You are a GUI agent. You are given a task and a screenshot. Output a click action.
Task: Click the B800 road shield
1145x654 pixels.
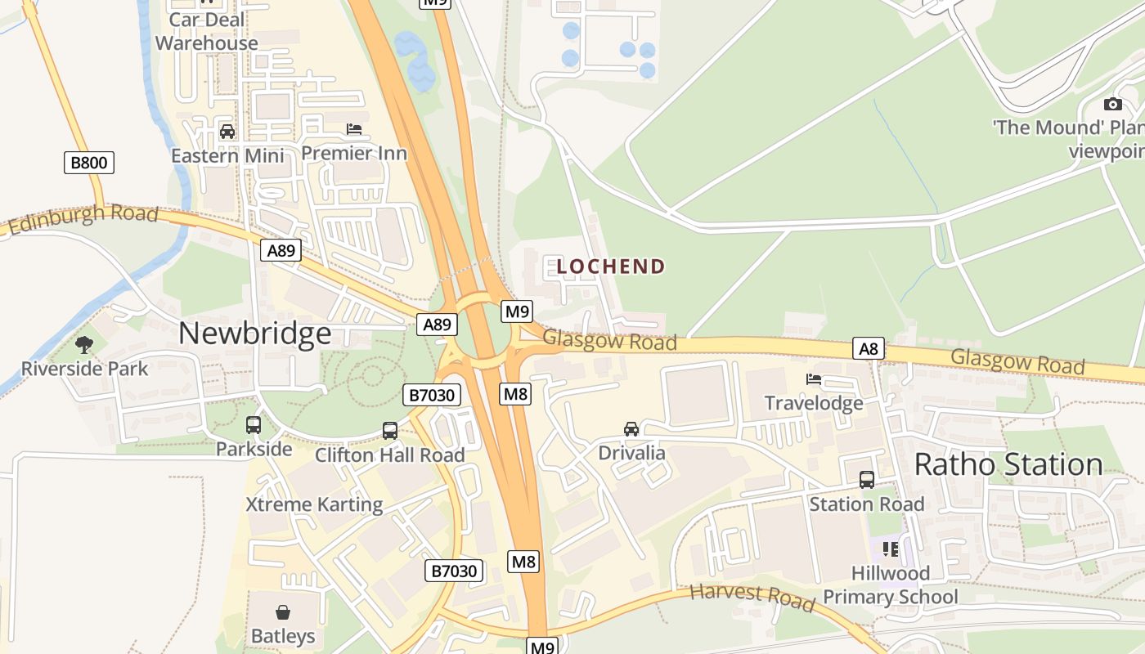pyautogui.click(x=89, y=163)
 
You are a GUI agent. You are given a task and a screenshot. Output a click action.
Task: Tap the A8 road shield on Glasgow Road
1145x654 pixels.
pyautogui.click(x=868, y=349)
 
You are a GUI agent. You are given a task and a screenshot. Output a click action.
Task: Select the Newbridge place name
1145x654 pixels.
pyautogui.click(x=254, y=334)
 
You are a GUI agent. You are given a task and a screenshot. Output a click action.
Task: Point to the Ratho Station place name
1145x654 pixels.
pyautogui.click(x=1008, y=464)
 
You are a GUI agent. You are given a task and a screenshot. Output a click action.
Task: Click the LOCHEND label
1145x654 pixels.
pyautogui.click(x=611, y=267)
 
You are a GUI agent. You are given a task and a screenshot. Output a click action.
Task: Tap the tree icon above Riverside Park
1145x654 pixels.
pyautogui.click(x=84, y=345)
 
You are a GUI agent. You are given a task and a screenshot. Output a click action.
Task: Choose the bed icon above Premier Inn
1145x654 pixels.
pyautogui.click(x=354, y=129)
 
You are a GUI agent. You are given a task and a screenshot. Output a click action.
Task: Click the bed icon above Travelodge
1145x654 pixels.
pyautogui.click(x=814, y=379)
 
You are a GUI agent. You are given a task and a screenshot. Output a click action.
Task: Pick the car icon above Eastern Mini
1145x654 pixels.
pyautogui.click(x=227, y=132)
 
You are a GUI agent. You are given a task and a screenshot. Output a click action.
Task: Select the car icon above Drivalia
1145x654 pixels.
pyautogui.click(x=631, y=429)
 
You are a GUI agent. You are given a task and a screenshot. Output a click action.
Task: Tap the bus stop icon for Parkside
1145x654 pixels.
pyautogui.click(x=254, y=425)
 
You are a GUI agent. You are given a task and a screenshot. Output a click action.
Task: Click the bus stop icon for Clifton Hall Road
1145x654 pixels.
pyautogui.click(x=390, y=431)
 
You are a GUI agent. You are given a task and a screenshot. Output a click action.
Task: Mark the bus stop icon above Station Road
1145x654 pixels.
pyautogui.click(x=867, y=480)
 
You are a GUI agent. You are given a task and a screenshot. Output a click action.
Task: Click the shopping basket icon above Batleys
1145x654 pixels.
pyautogui.click(x=283, y=612)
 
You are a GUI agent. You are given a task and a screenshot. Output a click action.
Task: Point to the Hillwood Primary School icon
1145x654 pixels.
pyautogui.click(x=891, y=549)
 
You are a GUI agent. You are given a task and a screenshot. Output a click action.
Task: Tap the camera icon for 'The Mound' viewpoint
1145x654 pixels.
pyautogui.click(x=1112, y=104)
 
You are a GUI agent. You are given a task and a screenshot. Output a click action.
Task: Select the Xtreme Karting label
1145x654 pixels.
pyautogui.click(x=314, y=504)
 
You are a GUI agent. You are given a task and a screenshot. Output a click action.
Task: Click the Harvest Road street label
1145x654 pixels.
pyautogui.click(x=752, y=597)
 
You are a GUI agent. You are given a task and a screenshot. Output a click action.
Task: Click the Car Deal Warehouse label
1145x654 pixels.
pyautogui.click(x=207, y=31)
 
